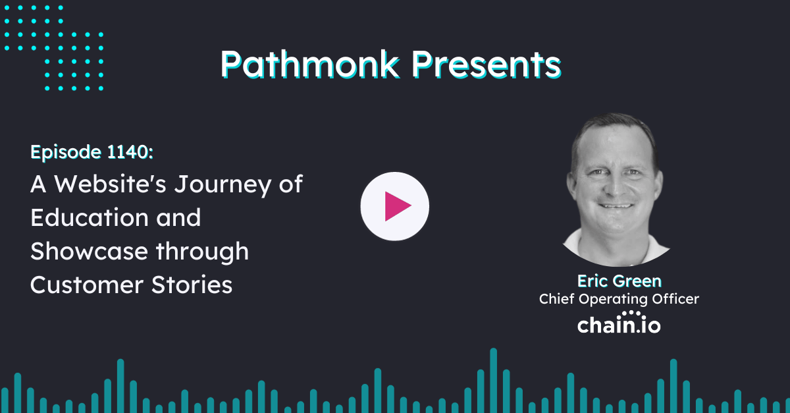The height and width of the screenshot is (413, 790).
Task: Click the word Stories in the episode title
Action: point(195,285)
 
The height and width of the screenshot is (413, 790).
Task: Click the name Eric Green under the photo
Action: point(618,281)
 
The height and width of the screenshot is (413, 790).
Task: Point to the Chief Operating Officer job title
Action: point(618,299)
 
